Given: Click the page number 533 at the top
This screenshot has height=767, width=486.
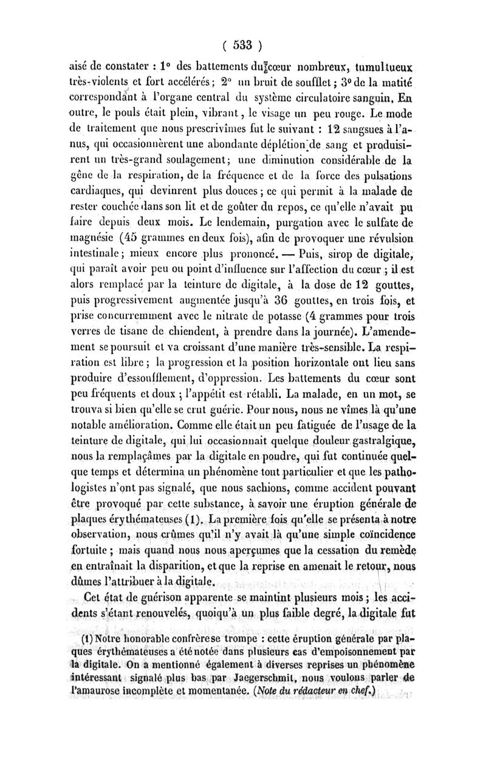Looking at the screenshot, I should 243,45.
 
